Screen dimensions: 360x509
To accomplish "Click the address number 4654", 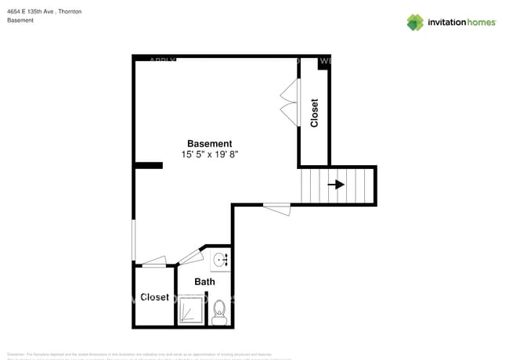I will coord(15,12).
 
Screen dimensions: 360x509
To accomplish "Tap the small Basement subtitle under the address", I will coord(20,20).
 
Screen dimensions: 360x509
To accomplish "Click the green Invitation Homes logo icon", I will coord(415,22).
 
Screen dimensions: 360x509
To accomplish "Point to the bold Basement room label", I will coord(209,143).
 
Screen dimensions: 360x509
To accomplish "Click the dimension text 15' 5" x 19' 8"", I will coord(209,155).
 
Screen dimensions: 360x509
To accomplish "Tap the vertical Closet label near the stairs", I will coord(315,113).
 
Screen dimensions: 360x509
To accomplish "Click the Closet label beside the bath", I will coord(154,297).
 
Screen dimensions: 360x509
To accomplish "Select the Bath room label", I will coord(204,282).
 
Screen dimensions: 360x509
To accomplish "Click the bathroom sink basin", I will coord(219,259).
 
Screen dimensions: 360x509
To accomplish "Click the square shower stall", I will coord(191,311).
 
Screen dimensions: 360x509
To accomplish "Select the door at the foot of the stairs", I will coord(276,207).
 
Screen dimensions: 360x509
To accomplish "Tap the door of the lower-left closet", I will coord(153,262).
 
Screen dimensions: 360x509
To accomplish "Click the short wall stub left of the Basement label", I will coord(148,165).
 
